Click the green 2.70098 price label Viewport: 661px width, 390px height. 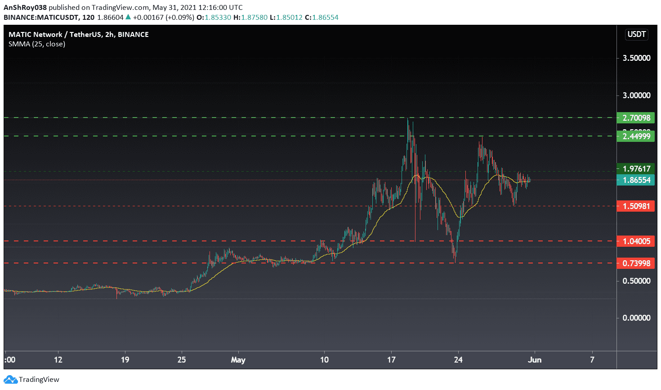tap(636, 118)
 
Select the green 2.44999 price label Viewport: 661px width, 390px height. tap(636, 136)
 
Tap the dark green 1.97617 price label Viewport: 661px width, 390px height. tap(636, 169)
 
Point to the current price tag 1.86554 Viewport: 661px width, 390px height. tap(636, 180)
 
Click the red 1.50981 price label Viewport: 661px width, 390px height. tap(636, 206)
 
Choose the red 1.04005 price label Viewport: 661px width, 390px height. tap(636, 241)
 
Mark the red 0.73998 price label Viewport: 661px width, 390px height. tap(636, 263)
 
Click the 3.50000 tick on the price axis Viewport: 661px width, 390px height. tap(636, 58)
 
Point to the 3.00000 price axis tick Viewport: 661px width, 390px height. tap(636, 95)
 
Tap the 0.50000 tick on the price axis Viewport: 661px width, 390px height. tap(636, 281)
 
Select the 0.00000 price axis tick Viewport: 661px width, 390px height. tap(636, 318)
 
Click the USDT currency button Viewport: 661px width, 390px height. tap(636, 34)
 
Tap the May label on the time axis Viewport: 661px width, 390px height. tap(238, 360)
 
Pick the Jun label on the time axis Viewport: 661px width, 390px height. tap(534, 360)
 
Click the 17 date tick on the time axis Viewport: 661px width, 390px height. tap(391, 360)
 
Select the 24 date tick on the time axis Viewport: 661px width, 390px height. tap(458, 360)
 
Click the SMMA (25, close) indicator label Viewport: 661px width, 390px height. tap(37, 44)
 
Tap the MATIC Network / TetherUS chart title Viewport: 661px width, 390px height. tap(79, 35)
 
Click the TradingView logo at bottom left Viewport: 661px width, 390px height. tap(32, 379)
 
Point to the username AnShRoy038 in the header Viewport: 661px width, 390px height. tap(25, 7)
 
